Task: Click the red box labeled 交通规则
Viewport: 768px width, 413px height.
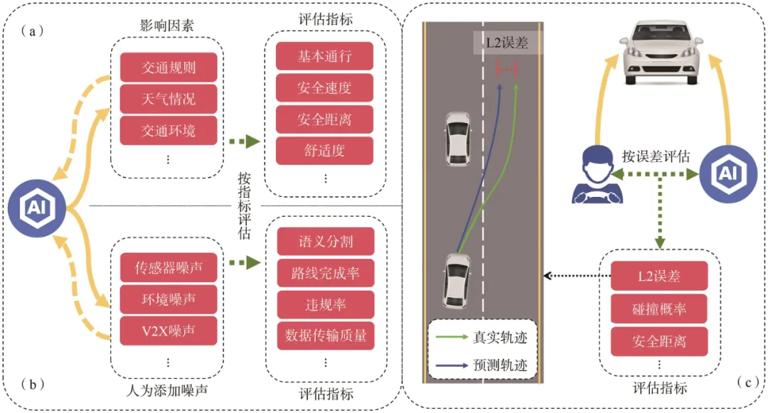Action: (x=169, y=67)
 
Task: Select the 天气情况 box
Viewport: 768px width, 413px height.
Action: (x=169, y=99)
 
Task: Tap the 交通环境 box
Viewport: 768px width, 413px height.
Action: (x=169, y=130)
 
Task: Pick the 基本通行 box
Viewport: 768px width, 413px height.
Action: (x=324, y=56)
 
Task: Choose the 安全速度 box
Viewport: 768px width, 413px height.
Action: (x=324, y=88)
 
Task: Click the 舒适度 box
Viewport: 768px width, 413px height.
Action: (x=324, y=150)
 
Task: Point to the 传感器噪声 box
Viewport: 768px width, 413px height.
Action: (x=169, y=268)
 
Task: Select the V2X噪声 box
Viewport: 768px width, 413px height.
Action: (x=169, y=331)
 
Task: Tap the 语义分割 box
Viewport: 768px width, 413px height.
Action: (x=326, y=241)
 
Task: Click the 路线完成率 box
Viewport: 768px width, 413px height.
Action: (x=326, y=273)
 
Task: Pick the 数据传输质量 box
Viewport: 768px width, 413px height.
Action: (x=326, y=336)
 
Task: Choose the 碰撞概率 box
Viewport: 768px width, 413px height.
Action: (x=659, y=309)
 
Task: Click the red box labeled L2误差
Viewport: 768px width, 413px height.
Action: (x=659, y=276)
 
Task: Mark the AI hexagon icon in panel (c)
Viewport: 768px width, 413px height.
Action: (x=728, y=174)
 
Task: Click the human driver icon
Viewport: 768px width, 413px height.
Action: (x=597, y=175)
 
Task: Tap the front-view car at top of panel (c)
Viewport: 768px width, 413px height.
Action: (x=661, y=52)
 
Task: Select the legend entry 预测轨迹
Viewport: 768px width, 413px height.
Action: (x=482, y=365)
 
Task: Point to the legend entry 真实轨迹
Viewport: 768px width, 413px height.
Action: (x=482, y=337)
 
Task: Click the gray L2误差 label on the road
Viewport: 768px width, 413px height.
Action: (x=508, y=43)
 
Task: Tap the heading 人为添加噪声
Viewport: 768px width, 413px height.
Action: (x=167, y=390)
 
